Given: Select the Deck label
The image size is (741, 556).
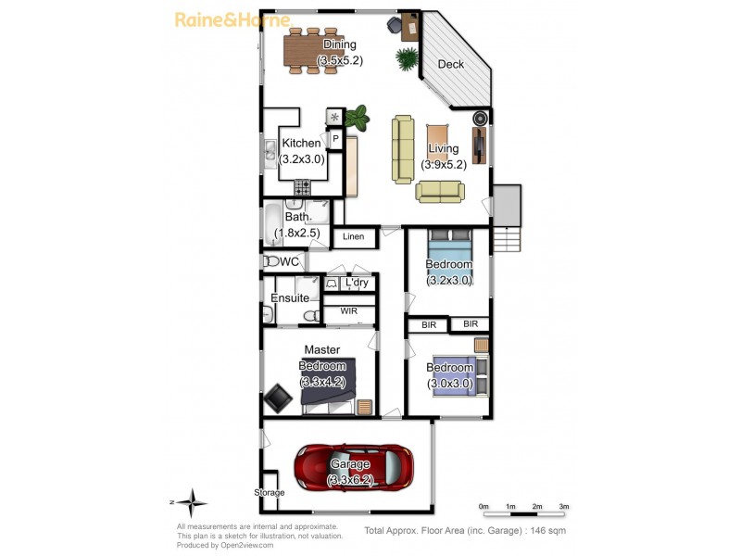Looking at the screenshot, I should (x=450, y=64).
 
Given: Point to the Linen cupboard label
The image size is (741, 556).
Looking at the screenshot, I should (x=353, y=237).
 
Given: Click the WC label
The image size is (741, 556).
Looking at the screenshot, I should (x=289, y=262).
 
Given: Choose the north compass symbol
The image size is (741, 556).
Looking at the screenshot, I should (x=193, y=504).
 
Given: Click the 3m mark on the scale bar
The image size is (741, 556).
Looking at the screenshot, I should (x=564, y=507).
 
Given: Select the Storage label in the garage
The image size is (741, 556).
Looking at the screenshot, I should (x=270, y=492).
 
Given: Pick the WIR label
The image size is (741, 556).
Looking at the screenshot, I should (x=348, y=311).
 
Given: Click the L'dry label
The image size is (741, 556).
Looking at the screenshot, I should (x=357, y=283).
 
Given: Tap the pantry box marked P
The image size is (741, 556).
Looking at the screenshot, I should (x=334, y=140).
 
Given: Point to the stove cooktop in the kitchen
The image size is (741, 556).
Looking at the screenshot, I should (x=302, y=185).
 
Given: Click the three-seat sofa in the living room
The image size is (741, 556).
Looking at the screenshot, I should (x=403, y=148).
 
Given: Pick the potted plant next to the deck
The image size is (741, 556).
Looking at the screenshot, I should (x=407, y=58).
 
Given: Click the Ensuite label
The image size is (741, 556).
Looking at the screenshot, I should (x=290, y=298).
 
